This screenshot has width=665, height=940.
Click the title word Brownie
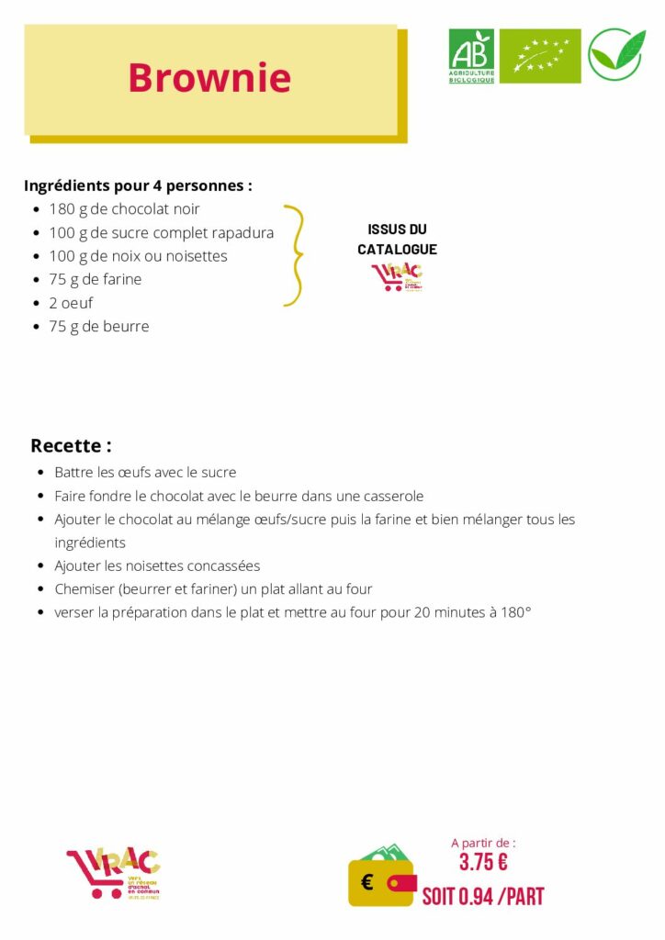[209, 78]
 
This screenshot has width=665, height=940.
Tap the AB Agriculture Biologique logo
[471, 56]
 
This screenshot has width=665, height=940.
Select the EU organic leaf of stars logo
[540, 56]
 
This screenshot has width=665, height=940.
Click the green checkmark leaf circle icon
[616, 55]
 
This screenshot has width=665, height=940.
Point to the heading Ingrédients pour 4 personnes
[138, 185]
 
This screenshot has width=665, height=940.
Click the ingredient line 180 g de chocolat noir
[124, 209]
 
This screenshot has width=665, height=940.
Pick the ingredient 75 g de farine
[96, 279]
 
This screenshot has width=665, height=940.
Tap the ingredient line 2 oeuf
[71, 303]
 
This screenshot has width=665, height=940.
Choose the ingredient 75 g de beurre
[99, 326]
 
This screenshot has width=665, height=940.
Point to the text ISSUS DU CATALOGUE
[397, 239]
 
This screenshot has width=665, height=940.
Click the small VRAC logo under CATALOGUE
[397, 276]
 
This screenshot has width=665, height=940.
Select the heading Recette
[71, 446]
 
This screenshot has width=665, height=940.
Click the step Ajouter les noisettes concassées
[157, 565]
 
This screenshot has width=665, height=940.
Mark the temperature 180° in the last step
[516, 612]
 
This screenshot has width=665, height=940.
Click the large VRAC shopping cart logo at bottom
[113, 874]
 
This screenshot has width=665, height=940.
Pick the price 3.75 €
[483, 863]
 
